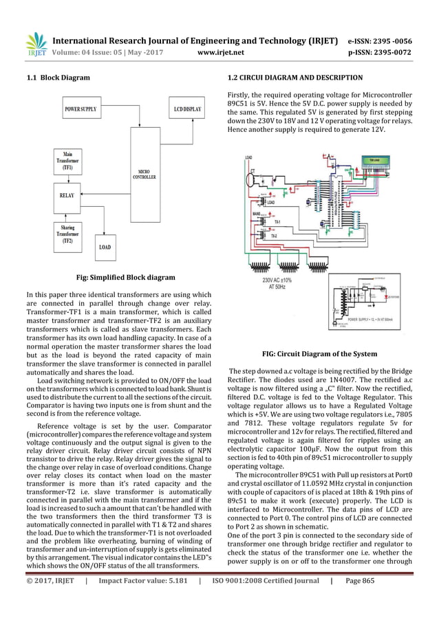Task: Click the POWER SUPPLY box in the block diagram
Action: coord(81,109)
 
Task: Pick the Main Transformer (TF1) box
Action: coord(67,162)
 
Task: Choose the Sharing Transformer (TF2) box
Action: coord(67,234)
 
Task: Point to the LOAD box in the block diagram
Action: coord(105,247)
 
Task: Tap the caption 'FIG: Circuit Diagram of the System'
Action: coord(319,353)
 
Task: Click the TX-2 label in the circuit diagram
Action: coord(273,236)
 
